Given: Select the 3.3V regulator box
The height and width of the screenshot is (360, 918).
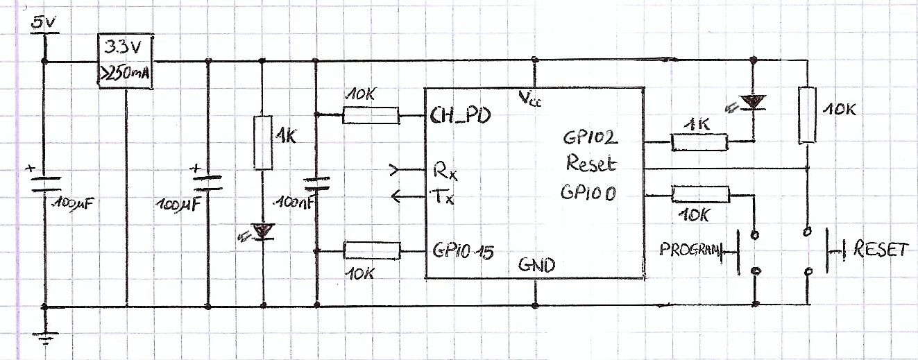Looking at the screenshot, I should tap(126, 61).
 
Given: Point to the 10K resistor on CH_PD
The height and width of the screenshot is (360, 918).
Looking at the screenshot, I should tap(371, 114).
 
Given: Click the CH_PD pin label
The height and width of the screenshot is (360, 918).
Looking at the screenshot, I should tap(460, 115).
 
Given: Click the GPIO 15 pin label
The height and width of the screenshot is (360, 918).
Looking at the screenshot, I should tap(463, 250).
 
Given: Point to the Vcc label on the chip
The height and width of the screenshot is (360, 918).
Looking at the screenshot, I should tap(531, 98).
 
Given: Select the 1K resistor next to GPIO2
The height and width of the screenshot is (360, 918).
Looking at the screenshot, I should tap(699, 142).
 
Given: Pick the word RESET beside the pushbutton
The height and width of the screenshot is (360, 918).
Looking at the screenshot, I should tap(881, 250).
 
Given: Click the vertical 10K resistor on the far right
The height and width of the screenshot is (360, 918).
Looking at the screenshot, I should tap(806, 115).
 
